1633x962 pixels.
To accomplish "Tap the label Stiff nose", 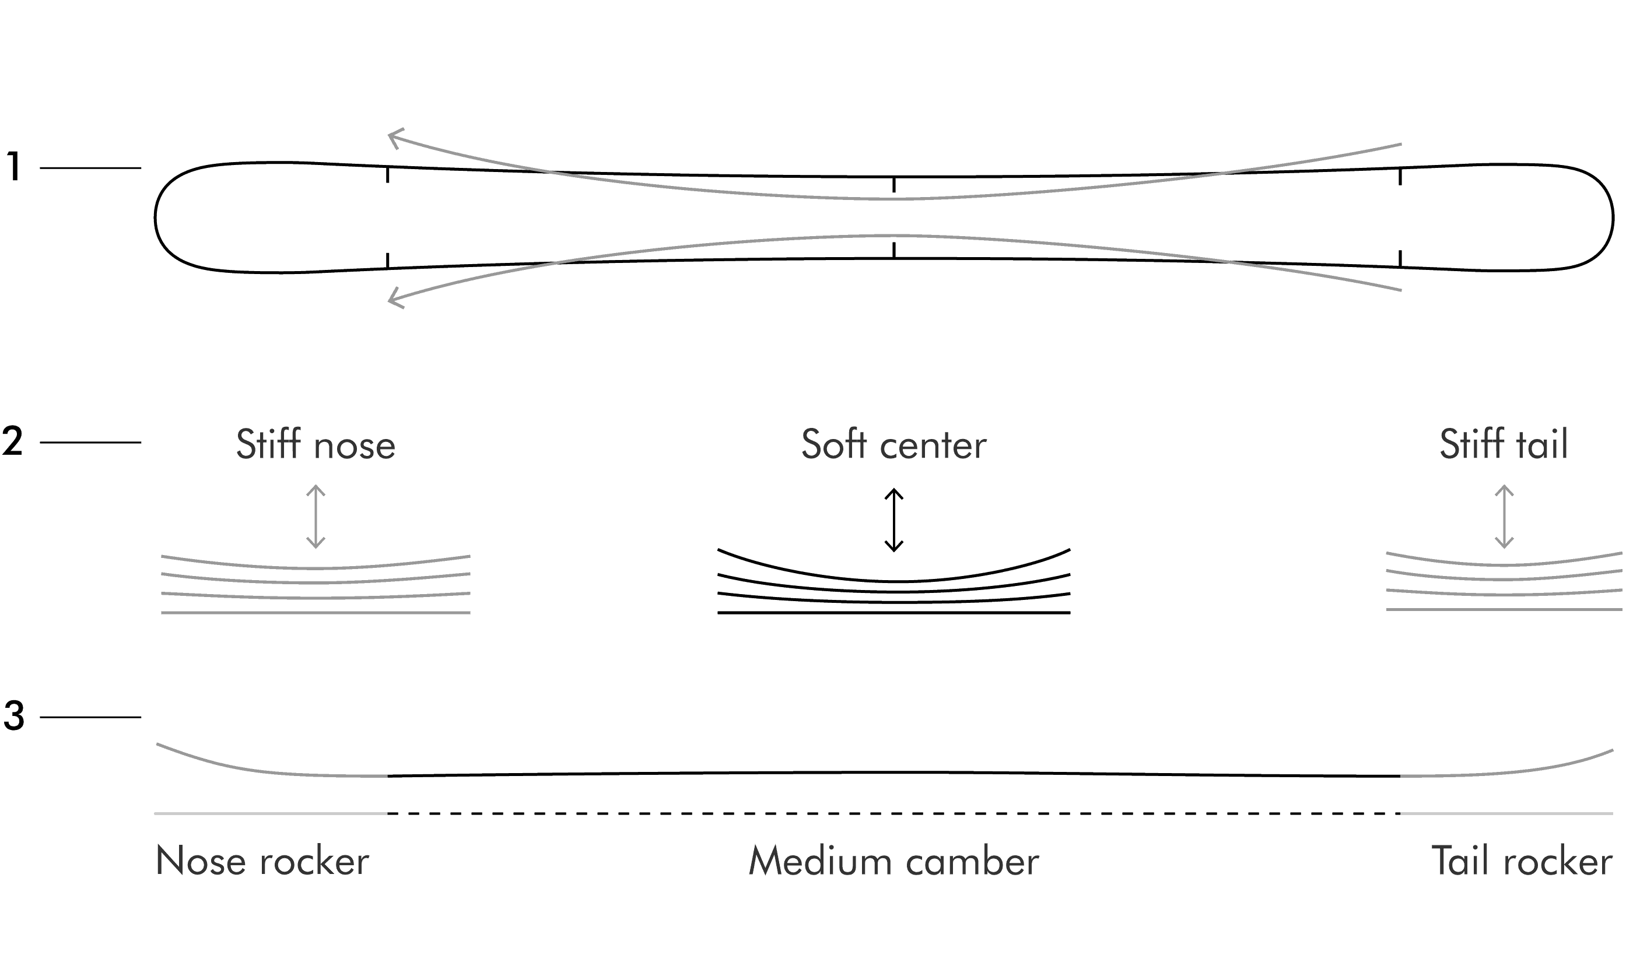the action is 316,444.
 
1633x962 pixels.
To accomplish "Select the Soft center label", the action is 894,444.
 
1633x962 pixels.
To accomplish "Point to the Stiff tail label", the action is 1504,444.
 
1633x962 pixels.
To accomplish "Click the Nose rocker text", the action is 262,861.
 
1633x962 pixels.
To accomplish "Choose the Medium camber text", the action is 894,861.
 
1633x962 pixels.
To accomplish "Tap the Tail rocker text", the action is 1522,861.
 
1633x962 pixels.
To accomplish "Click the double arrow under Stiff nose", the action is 316,516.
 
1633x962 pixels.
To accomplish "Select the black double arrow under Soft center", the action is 894,520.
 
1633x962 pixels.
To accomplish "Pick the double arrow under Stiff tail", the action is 1504,516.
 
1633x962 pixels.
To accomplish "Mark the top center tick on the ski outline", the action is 894,185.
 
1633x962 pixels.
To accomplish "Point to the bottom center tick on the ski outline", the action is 894,250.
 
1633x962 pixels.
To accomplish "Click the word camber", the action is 972,861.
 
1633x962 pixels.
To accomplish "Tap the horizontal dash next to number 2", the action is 90,443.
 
